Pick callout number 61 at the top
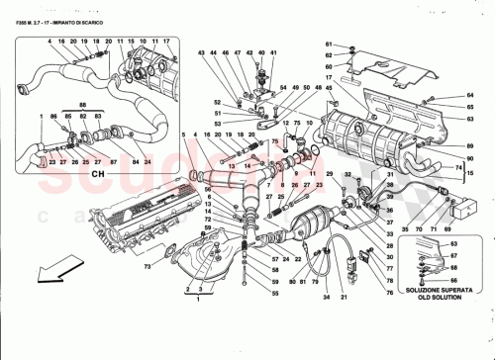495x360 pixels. tap(353, 46)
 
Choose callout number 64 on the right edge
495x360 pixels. tap(473, 95)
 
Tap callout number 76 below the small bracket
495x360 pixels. tap(390, 292)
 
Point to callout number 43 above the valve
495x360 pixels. tap(200, 52)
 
